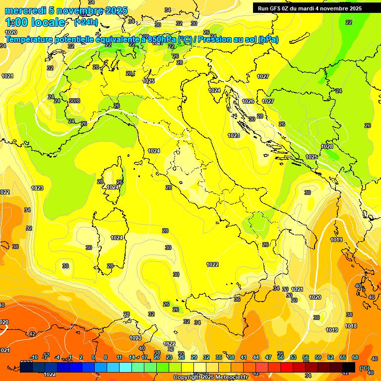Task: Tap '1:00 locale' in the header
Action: pos(35,22)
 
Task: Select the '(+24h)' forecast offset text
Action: pos(86,22)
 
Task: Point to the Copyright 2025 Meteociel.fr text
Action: pos(210,378)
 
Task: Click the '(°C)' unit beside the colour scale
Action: pos(364,368)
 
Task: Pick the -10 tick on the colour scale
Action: pos(34,357)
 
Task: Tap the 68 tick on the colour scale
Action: pos(355,357)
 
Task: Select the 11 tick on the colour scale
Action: pos(119,357)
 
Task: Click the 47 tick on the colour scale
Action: pos(268,357)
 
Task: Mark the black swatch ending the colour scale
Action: pos(349,367)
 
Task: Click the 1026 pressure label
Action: pos(248,101)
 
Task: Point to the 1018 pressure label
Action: pos(351,326)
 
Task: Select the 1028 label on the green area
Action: pos(327,146)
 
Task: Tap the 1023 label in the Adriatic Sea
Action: pos(234,135)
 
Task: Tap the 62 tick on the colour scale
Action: pos(330,357)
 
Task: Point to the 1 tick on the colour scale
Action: pos(70,357)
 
